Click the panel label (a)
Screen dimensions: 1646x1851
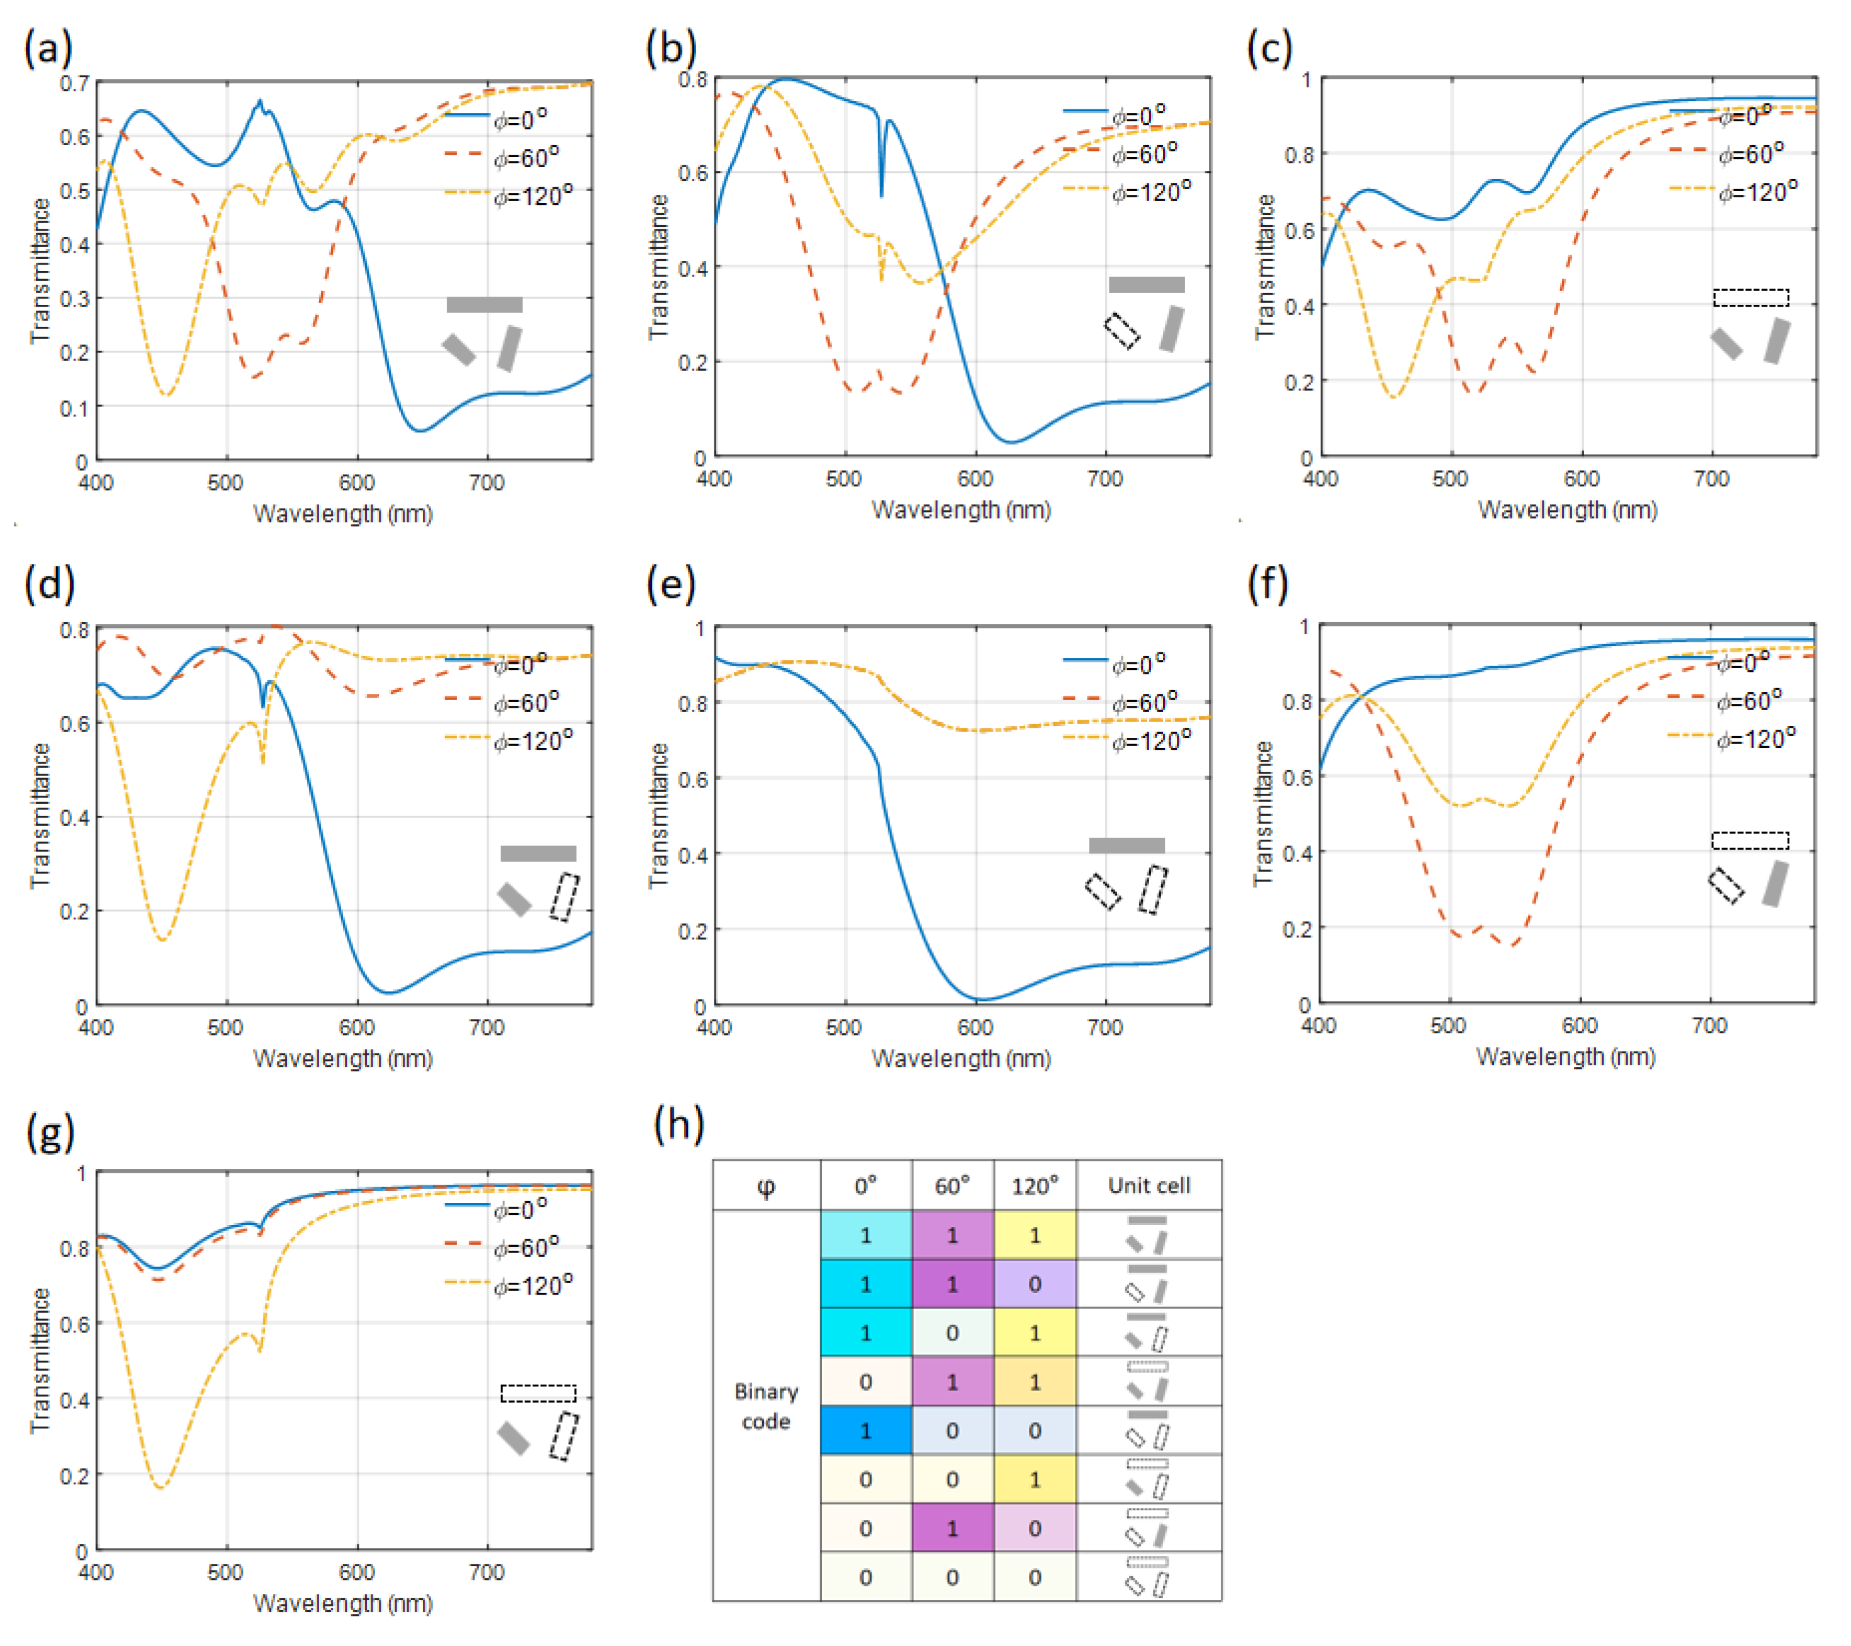coord(48,48)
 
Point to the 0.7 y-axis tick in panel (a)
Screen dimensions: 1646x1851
coord(75,84)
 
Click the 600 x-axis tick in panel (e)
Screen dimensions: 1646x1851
coord(975,1028)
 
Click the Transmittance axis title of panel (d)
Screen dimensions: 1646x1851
coord(39,815)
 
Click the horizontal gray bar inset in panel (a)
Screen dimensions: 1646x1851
coord(484,304)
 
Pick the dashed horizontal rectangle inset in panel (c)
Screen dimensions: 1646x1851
coord(1750,297)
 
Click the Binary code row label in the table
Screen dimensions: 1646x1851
coord(765,1406)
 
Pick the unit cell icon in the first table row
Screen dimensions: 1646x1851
coord(1147,1235)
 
